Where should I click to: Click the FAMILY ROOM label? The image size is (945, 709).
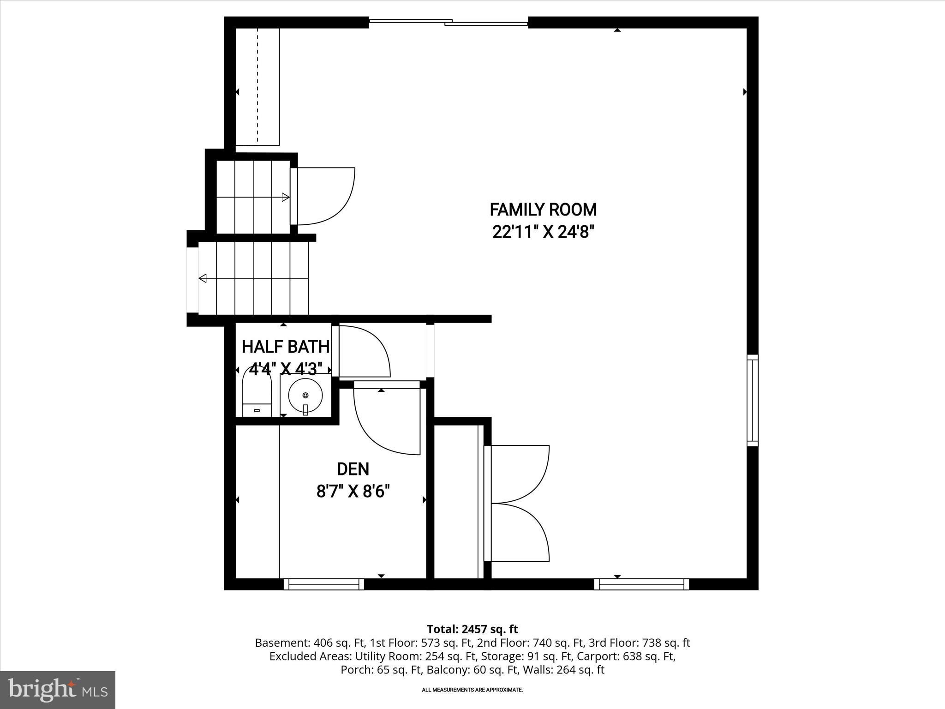[543, 210]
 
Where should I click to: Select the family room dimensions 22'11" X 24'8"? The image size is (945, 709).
[543, 232]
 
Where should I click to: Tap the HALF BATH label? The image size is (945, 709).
[286, 346]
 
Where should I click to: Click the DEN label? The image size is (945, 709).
[353, 469]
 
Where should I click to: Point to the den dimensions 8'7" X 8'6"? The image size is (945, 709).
[353, 492]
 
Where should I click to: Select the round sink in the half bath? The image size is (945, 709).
[305, 396]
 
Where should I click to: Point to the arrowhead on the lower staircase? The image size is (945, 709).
[203, 278]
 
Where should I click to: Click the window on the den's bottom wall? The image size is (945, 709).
[323, 584]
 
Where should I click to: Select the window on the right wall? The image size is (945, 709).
[753, 400]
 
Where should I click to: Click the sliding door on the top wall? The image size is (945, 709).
[449, 22]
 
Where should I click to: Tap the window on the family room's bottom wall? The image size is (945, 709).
[641, 584]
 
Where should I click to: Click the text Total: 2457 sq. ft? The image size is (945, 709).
[472, 629]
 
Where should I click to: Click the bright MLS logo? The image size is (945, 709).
[58, 690]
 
